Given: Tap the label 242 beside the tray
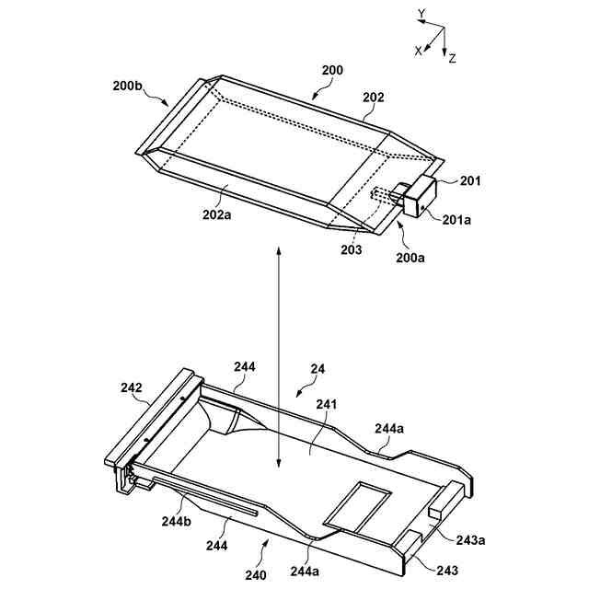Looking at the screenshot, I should coord(131,387).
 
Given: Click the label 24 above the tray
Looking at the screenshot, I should coord(318,370).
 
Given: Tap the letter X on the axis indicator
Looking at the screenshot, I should coord(418,52).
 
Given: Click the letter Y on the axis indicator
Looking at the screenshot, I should coord(421,14).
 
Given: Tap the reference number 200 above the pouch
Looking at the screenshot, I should coord(332,71).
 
